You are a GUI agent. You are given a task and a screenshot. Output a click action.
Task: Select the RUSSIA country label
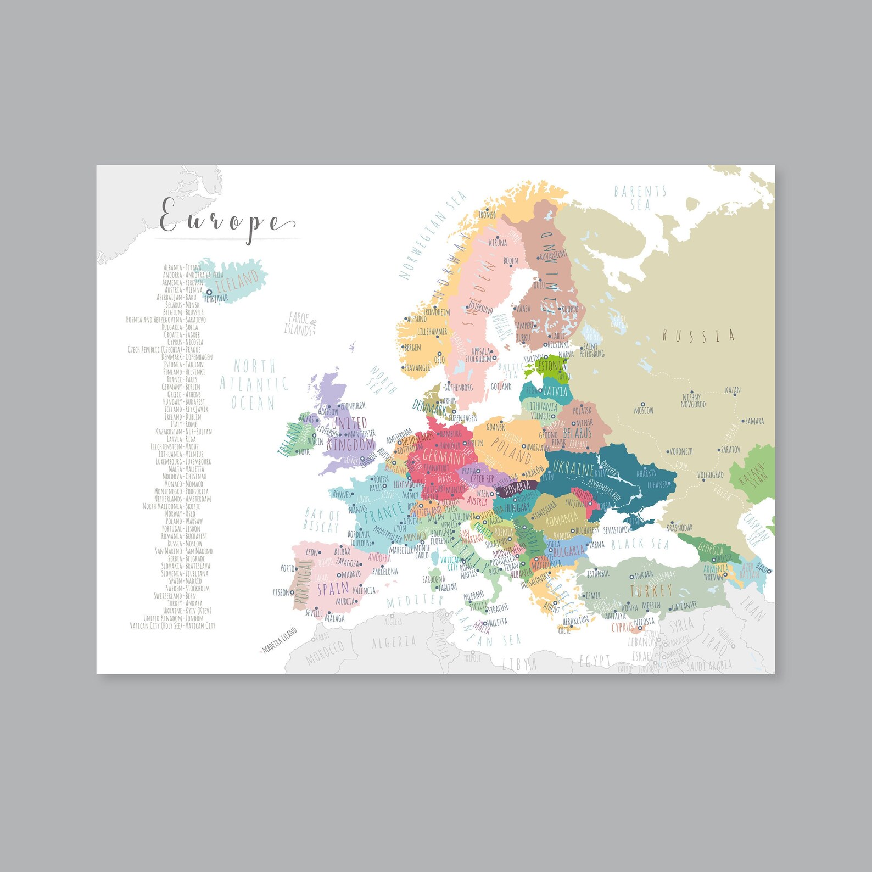[x=698, y=336]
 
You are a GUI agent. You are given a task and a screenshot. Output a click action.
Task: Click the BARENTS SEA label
[x=640, y=198]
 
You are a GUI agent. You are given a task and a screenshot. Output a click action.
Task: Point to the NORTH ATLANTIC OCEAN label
[x=254, y=384]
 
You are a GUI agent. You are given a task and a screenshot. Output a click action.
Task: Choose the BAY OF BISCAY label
[x=322, y=521]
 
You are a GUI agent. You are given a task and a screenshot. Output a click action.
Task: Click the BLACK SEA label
[x=640, y=544]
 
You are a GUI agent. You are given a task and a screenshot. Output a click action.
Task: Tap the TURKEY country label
[x=651, y=590]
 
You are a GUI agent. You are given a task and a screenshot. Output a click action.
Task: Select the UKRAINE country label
[x=573, y=468]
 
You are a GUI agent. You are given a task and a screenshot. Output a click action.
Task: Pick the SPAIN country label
[x=333, y=589]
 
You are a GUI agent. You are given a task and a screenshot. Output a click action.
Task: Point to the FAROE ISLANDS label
[x=299, y=324]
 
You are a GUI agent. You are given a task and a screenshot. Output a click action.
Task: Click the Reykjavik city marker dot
[x=209, y=293]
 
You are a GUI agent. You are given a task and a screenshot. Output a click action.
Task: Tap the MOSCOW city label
[x=644, y=410]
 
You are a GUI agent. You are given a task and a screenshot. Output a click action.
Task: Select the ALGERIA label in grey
[x=394, y=642]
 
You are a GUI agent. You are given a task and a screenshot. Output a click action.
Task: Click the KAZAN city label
[x=733, y=390]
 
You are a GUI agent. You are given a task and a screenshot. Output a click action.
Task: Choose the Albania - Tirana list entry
[x=182, y=267]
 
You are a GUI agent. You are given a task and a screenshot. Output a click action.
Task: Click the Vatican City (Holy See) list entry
[x=172, y=625]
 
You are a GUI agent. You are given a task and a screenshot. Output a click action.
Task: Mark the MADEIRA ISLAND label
[x=280, y=640]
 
